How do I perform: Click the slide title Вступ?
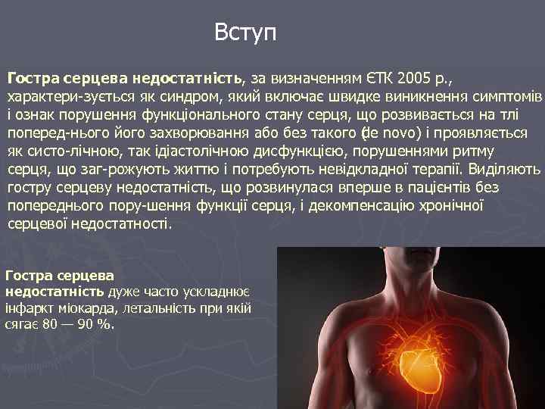coord(245,33)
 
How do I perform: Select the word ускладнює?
coord(223,292)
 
